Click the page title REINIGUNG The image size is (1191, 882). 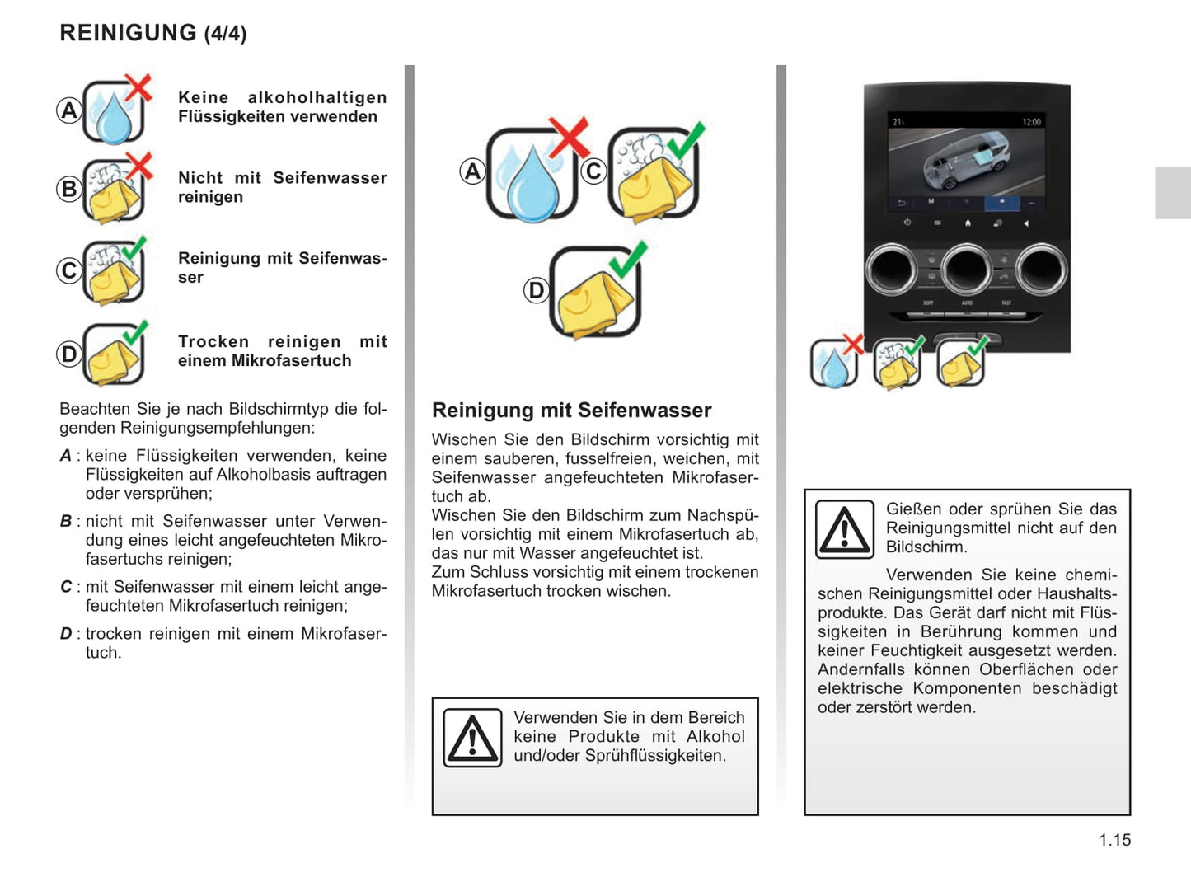(128, 33)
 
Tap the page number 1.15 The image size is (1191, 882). (1114, 840)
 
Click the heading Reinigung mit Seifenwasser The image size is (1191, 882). (571, 411)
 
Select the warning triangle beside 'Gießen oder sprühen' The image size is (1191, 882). (844, 529)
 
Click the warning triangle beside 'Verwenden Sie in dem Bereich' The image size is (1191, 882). (472, 738)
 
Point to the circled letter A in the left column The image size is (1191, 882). (69, 110)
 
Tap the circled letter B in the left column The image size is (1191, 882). (69, 189)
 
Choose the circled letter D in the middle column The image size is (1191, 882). (537, 290)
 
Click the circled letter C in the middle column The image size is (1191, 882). (593, 171)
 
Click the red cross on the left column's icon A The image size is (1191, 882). (138, 87)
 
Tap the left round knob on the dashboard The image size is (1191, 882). (891, 269)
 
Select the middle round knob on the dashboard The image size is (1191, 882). (967, 269)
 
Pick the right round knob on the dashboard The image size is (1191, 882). (1042, 269)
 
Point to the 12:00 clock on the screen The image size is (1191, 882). (1031, 122)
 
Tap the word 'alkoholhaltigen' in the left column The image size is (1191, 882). (317, 98)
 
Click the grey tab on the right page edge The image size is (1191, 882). (1172, 193)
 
